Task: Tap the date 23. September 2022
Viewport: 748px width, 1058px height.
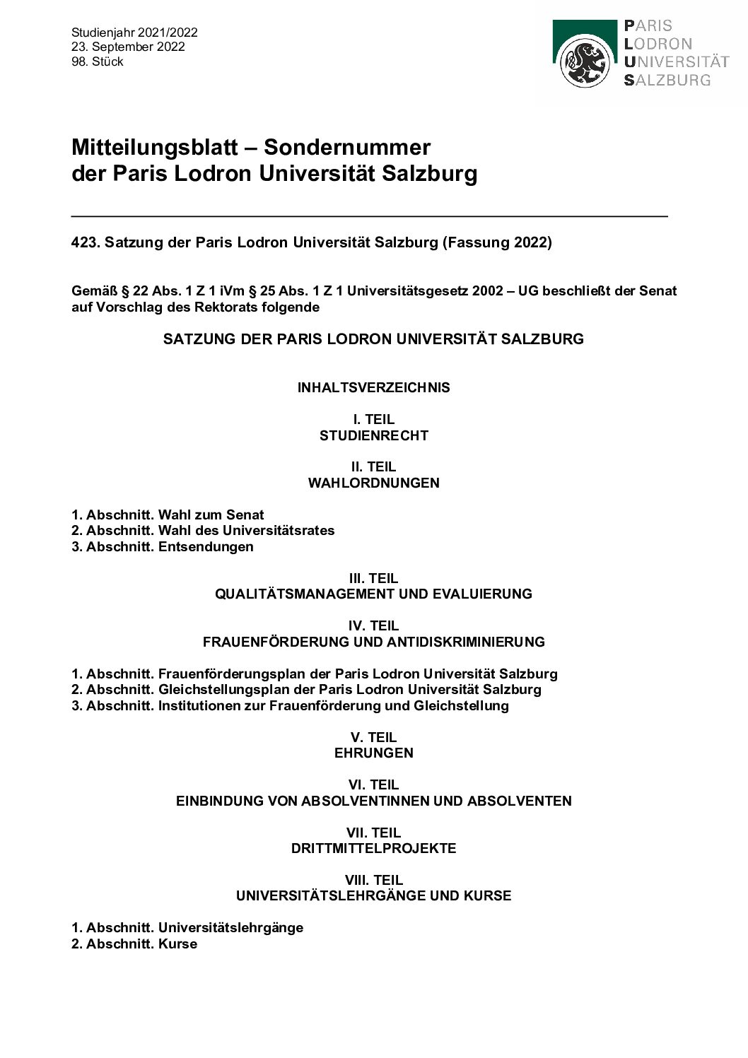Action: [x=128, y=47]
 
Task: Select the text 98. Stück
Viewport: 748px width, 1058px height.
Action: [x=98, y=61]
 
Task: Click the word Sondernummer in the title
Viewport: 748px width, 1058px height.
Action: [x=347, y=147]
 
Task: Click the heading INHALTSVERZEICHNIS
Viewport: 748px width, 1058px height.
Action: [x=373, y=387]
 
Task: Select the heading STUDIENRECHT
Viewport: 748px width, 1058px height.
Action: [x=373, y=435]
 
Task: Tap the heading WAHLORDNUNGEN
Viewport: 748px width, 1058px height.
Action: [x=373, y=483]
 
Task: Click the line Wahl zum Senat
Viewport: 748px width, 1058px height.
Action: [x=211, y=515]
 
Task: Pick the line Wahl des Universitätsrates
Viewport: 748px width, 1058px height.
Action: [x=246, y=530]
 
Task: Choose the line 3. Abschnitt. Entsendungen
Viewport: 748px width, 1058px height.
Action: [x=163, y=546]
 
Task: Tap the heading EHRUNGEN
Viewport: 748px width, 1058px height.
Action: [x=373, y=753]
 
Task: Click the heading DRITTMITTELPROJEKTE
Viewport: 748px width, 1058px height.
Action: [x=373, y=848]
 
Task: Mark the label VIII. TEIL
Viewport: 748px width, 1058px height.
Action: [x=373, y=880]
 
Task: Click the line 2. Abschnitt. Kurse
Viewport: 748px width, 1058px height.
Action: [x=134, y=944]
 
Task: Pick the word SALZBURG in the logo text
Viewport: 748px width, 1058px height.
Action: [x=667, y=81]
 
